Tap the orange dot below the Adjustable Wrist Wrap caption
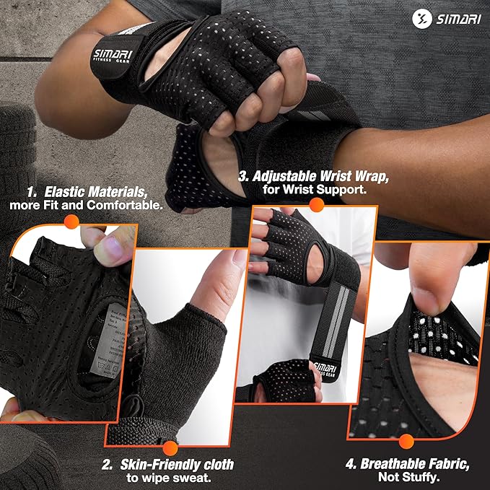pyautogui.click(x=315, y=205)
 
